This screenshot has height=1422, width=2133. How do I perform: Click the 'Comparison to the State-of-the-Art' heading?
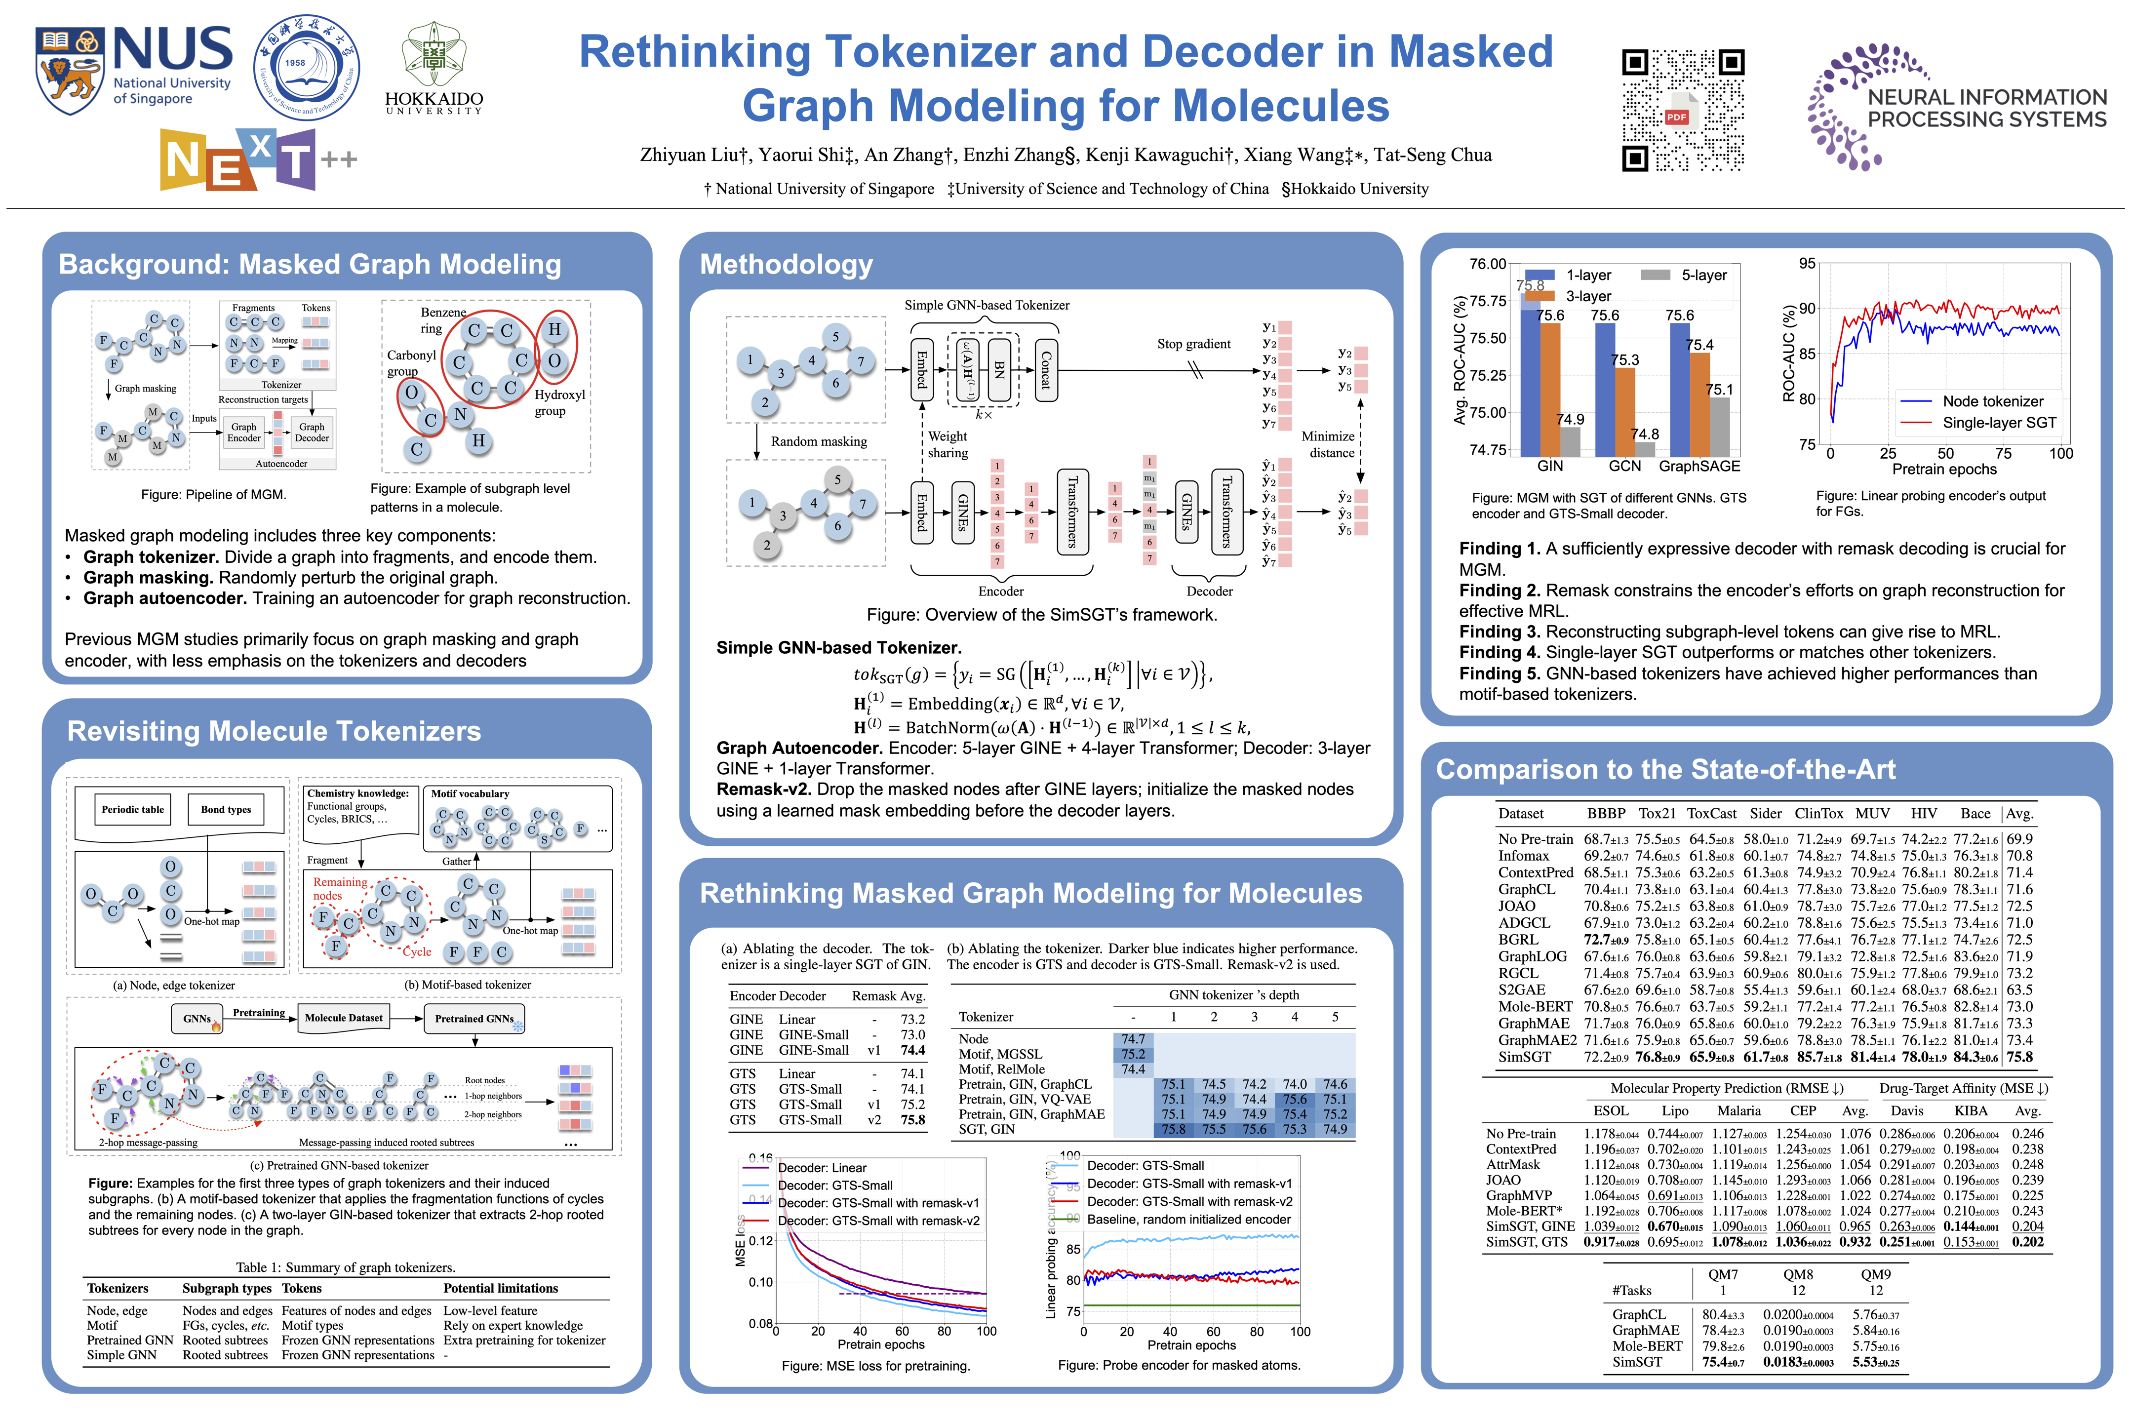coord(1665,769)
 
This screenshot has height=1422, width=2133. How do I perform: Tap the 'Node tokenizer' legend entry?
coord(1992,401)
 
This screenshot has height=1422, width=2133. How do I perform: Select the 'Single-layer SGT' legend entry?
coord(1999,423)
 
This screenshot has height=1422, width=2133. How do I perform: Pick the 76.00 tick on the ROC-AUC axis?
coord(1487,264)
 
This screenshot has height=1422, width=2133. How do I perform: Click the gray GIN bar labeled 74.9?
coord(1569,441)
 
